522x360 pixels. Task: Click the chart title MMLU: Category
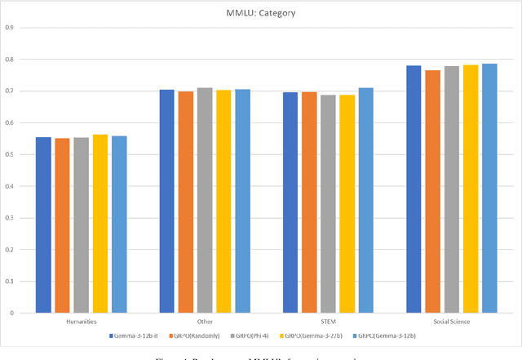261,13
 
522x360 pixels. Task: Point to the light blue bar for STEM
365,201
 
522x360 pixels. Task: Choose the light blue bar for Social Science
489,189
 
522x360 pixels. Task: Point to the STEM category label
328,322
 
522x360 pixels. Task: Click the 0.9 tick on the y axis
9,28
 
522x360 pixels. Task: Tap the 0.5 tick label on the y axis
9,154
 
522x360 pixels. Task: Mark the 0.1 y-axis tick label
9,282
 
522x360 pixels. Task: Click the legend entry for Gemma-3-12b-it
136,336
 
